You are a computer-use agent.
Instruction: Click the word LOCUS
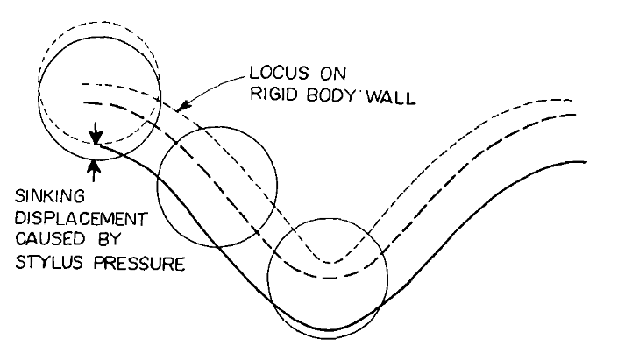click(279, 73)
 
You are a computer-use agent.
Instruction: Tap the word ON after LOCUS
click(333, 74)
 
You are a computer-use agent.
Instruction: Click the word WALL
click(391, 96)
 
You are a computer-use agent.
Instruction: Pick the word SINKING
click(50, 196)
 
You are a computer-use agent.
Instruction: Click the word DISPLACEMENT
click(82, 219)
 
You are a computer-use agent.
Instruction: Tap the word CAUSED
click(50, 239)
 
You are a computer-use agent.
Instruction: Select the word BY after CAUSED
click(107, 239)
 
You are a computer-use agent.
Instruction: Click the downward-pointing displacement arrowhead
click(96, 138)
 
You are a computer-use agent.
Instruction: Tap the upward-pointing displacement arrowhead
click(95, 165)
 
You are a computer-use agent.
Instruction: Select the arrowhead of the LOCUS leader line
click(182, 106)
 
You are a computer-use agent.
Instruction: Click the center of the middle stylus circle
click(217, 187)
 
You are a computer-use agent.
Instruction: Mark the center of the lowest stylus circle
click(328, 279)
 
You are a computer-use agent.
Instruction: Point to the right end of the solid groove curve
click(586, 162)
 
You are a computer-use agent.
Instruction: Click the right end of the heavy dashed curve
click(576, 115)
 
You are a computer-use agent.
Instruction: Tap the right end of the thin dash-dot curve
click(572, 101)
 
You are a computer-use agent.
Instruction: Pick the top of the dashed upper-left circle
click(101, 22)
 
